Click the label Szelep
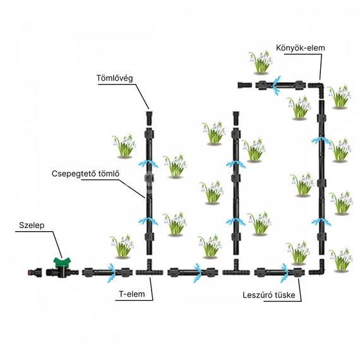tap(32, 225)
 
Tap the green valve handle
tap(62, 262)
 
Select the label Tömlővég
tap(114, 78)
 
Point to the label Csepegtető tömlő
tap(85, 174)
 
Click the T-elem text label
tap(132, 294)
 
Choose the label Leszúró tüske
tap(269, 295)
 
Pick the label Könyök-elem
tap(300, 48)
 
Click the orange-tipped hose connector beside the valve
tap(35, 272)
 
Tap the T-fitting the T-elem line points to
tap(149, 269)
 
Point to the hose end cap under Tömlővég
tap(149, 118)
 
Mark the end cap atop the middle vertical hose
tap(236, 118)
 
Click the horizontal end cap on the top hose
tap(244, 85)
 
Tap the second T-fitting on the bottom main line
tap(236, 269)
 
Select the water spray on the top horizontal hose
tap(277, 85)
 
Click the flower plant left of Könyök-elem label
tap(260, 62)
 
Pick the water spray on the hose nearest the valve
tap(112, 273)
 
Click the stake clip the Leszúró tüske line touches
tap(297, 272)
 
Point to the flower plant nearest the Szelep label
tap(121, 246)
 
